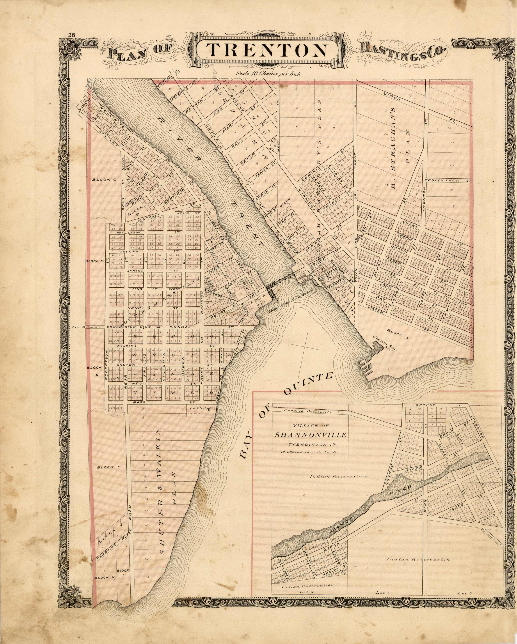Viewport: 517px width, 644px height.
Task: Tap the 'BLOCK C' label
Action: click(104, 180)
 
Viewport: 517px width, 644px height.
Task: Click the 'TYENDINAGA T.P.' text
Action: click(310, 444)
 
